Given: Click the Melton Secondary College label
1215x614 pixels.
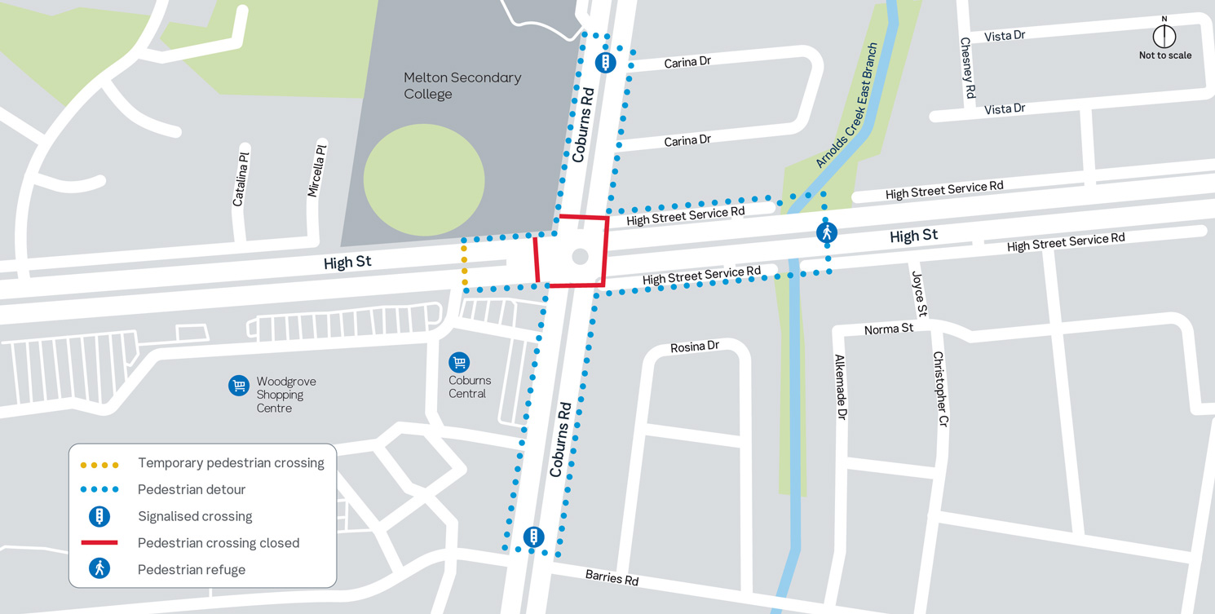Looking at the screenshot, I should (462, 86).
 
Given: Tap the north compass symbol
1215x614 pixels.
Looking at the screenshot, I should (1164, 36).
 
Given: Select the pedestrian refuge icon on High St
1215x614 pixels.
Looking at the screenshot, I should (827, 233).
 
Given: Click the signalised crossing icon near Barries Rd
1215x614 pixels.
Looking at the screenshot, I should (533, 537).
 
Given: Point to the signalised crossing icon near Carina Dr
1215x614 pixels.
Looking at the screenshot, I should (605, 63).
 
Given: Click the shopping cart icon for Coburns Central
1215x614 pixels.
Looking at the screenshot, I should (459, 362).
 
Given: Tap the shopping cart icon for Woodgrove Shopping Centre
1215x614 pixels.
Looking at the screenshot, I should (239, 386).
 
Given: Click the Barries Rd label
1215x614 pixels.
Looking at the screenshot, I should (612, 578).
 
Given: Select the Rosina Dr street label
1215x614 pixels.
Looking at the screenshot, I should (695, 347).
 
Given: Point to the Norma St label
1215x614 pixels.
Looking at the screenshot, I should (889, 329).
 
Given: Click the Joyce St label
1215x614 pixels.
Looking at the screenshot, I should (920, 294).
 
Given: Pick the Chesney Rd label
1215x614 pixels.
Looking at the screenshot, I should (968, 68).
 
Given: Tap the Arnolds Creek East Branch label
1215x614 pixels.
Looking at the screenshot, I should (847, 106).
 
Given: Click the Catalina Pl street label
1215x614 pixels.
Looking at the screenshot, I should (240, 179).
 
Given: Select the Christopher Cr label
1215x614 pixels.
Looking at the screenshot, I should (941, 390).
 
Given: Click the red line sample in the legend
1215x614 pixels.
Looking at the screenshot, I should (99, 543).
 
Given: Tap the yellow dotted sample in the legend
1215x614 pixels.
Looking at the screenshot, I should (99, 465).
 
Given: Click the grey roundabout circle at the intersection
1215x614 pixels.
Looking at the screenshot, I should (580, 257).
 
